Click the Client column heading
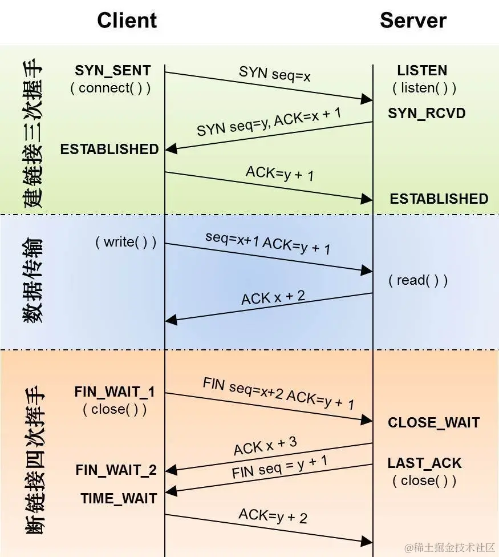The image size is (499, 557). point(127,21)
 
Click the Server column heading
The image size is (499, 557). point(413,21)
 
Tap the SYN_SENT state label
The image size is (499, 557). point(113,71)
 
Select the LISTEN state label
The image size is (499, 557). point(422,71)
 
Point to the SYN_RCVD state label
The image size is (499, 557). point(427,113)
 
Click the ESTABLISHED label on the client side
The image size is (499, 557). point(109,149)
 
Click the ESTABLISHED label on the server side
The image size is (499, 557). point(439,199)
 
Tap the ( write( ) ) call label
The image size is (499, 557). point(125,242)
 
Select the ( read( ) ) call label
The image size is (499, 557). point(418,280)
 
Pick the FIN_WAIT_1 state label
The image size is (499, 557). point(115,392)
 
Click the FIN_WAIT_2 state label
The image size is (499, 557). point(116,470)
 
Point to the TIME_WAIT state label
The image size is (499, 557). point(119,498)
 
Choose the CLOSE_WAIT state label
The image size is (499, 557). point(434,423)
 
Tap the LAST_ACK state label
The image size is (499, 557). point(425,463)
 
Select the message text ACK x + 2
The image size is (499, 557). point(273,297)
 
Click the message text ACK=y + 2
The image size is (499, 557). point(273,516)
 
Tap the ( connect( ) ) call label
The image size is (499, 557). point(111,88)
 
